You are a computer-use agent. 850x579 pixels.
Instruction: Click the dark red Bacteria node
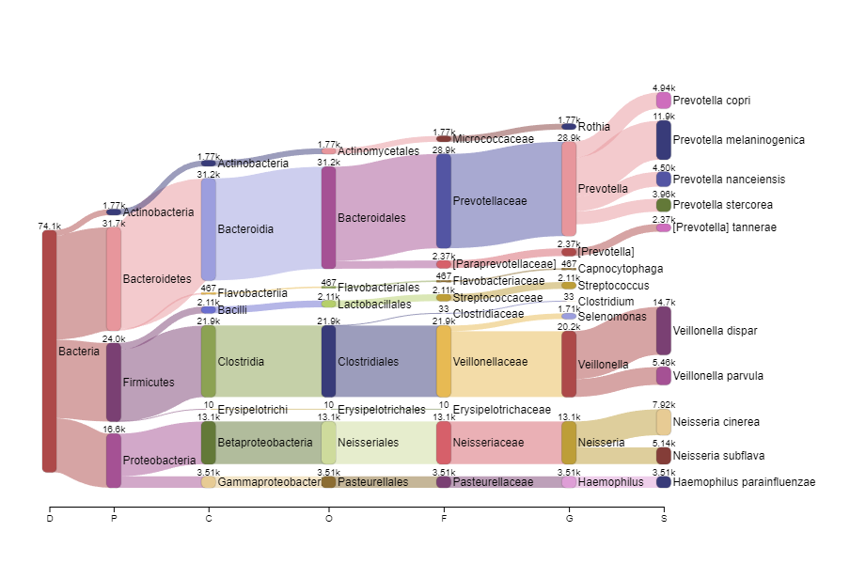pos(49,351)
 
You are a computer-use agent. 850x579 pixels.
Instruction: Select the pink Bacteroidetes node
pos(114,278)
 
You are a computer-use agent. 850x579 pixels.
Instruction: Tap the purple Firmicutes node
pos(114,382)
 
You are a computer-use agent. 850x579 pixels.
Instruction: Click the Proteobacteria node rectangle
pos(114,461)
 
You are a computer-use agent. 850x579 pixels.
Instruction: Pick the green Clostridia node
pos(209,361)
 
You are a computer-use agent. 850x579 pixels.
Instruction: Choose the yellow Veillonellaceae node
pos(444,361)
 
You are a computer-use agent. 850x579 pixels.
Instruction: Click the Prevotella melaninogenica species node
pos(664,140)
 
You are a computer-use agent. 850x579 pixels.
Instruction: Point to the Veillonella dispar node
pos(664,331)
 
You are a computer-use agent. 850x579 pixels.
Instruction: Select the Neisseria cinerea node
pos(664,422)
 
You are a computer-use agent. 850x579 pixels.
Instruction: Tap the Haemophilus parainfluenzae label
pos(744,482)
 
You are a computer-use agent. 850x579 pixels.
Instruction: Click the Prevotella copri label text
pos(712,101)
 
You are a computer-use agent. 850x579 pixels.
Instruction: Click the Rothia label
pos(593,127)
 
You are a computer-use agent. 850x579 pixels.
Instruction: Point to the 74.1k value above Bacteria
pos(50,227)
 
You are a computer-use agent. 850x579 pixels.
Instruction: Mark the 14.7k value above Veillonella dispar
pos(664,303)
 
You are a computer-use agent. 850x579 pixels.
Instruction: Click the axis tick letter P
pos(114,518)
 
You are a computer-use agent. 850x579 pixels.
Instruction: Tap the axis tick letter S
pos(664,518)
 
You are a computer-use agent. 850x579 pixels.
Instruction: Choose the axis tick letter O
pos(329,518)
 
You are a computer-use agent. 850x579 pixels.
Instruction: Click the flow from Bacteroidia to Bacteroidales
pos(269,223)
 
